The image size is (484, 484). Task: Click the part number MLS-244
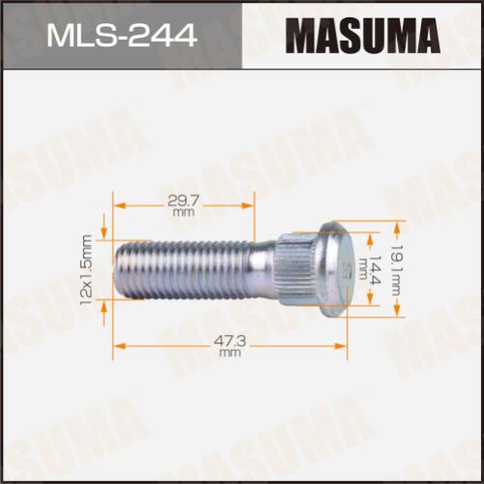point(122,35)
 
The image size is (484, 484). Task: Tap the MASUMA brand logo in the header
point(363,36)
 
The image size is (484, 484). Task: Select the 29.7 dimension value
point(184,201)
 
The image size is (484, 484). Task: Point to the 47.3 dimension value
point(230,342)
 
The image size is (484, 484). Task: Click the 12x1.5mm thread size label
point(87,271)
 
